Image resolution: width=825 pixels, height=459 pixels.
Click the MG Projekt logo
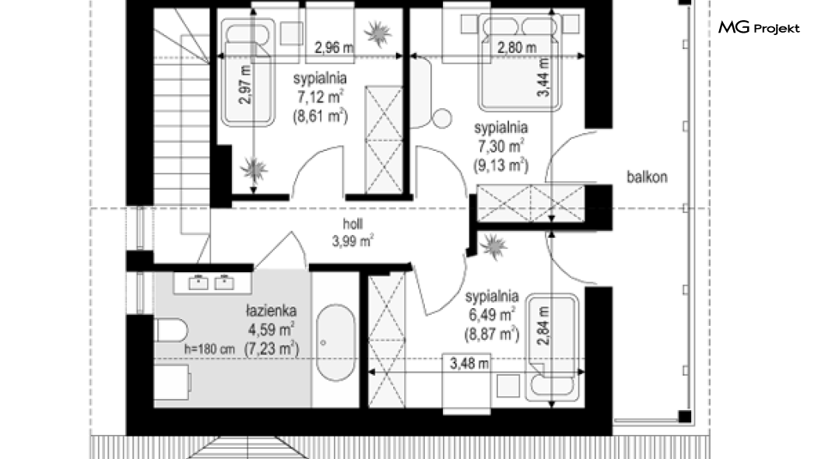pos(759,27)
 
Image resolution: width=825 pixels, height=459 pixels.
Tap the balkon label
pos(647,177)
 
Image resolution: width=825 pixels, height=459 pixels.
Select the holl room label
pos(353,224)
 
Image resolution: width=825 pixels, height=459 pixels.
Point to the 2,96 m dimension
pos(334,48)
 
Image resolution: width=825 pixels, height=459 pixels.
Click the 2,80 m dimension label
pos(517,48)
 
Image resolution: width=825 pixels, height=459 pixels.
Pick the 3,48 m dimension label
pos(469,363)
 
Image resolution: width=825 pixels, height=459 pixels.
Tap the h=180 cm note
pos(209,349)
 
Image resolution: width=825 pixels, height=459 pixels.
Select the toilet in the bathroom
pos(172,331)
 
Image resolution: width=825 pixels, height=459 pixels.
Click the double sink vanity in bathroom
pos(212,283)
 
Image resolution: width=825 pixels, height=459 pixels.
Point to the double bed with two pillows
pos(519,62)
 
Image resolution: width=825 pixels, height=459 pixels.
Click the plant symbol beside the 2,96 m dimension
pos(377,34)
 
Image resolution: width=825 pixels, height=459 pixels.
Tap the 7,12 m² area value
pos(321,97)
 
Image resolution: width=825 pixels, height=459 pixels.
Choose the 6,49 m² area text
pos(491,315)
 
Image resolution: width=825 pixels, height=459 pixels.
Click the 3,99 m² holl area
pos(353,241)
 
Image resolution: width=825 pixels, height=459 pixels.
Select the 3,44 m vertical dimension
pos(543,77)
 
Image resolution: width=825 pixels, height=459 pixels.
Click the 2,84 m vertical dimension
pos(543,326)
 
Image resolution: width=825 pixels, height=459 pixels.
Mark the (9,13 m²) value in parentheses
pos(501,165)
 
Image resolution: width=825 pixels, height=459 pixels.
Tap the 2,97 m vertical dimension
pos(245,85)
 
